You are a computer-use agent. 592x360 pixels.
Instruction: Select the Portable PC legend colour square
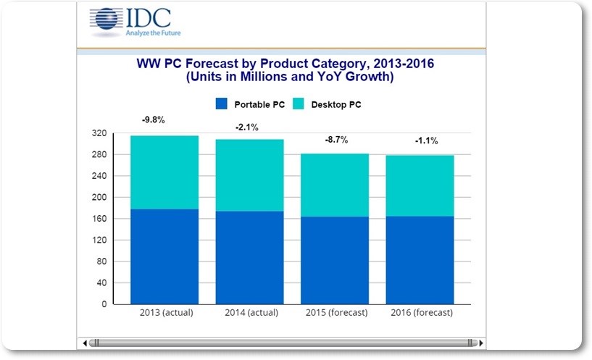[222, 104]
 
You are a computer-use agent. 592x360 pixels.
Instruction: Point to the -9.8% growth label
[154, 120]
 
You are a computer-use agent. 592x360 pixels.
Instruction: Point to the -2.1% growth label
[247, 127]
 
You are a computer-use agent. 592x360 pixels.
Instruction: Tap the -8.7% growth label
[334, 139]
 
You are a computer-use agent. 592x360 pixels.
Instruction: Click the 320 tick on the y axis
[100, 133]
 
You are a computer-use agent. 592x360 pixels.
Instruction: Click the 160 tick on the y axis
[100, 219]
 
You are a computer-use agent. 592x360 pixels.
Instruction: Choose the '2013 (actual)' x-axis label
[164, 313]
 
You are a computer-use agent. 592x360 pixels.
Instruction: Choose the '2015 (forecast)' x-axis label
[334, 313]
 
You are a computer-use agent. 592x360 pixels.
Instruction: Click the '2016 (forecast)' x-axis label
[420, 313]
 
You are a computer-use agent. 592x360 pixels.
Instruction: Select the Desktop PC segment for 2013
[164, 172]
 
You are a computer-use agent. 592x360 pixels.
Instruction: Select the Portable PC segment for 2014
[249, 257]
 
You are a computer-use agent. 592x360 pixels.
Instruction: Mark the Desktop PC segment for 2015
[334, 185]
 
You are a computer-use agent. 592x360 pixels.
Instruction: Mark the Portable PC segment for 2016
[420, 260]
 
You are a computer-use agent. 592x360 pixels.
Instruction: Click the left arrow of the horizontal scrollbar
[86, 342]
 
